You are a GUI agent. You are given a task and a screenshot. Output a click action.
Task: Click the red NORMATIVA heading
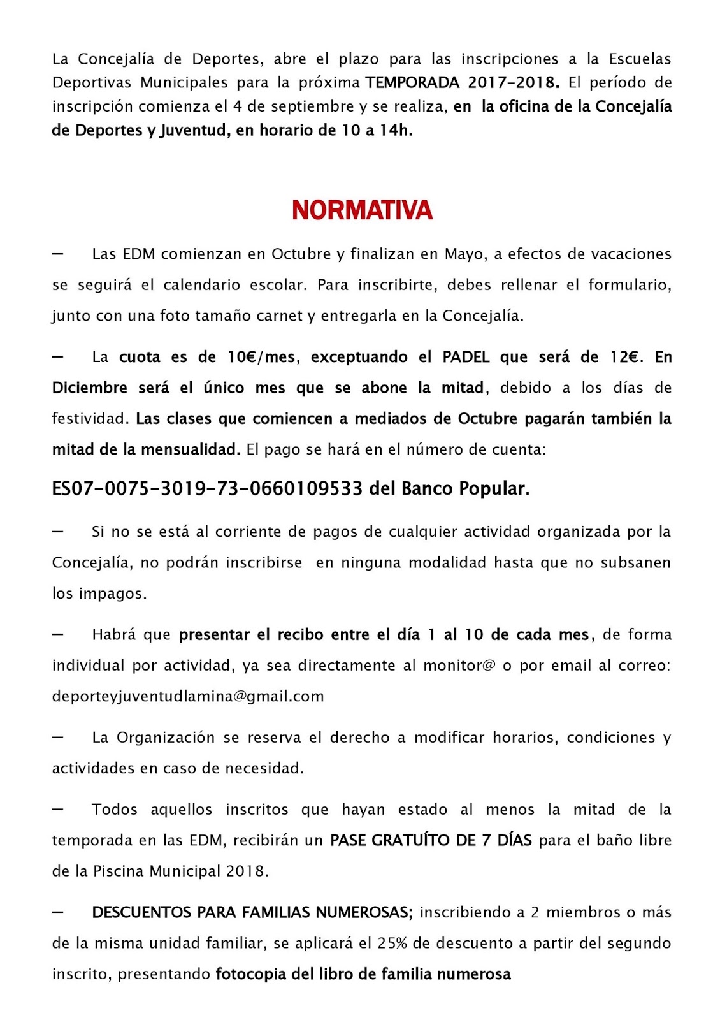point(362,210)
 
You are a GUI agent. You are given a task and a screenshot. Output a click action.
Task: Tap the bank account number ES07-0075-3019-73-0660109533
point(207,489)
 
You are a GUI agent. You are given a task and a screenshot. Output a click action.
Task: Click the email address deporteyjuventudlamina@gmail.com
point(188,696)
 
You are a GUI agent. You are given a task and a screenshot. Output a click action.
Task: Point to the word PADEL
point(466,357)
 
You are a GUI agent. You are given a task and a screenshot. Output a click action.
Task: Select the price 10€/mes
point(261,357)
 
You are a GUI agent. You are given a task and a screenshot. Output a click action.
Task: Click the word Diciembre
point(90,388)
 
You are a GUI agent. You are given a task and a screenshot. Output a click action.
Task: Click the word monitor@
point(459,666)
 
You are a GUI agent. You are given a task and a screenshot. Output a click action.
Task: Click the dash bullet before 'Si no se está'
point(57,531)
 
